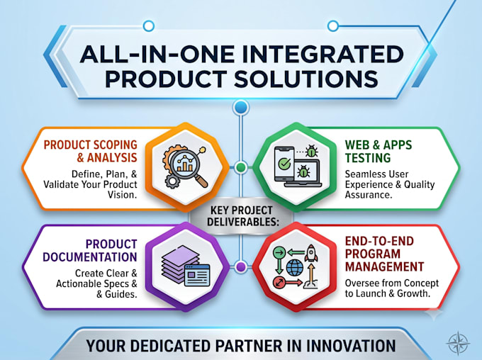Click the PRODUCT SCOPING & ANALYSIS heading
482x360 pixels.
91,151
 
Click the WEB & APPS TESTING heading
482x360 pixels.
378,151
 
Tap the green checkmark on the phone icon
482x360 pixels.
284,164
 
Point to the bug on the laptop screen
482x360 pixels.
303,171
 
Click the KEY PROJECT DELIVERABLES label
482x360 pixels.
242,216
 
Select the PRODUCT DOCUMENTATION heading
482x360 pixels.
90,251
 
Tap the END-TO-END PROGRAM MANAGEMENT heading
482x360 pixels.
384,254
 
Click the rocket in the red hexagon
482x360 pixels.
311,253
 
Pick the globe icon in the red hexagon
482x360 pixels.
295,267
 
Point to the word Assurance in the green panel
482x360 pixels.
369,195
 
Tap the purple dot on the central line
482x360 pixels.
241,267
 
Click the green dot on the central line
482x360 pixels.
241,167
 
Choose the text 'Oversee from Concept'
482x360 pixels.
391,283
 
